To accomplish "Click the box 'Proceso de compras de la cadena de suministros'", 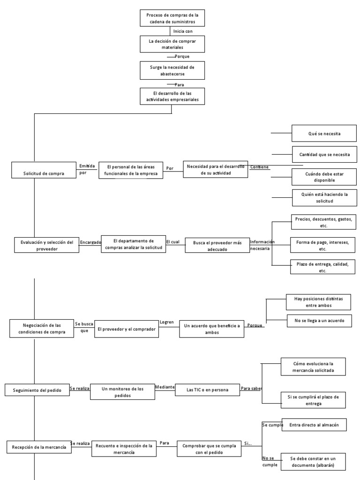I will click(x=172, y=19).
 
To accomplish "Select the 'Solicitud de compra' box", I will click(x=44, y=173).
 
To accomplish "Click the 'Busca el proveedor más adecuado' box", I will click(x=217, y=246).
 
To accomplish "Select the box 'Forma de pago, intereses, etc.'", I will click(x=322, y=246).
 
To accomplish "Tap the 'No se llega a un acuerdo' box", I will click(x=319, y=321).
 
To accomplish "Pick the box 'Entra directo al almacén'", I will click(x=314, y=425).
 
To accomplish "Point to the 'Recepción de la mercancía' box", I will click(x=39, y=447).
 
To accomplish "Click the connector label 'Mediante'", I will click(x=165, y=388).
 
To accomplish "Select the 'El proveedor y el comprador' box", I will click(x=127, y=330).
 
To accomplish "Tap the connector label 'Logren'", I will click(x=166, y=322).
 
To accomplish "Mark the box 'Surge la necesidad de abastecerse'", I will click(x=172, y=70).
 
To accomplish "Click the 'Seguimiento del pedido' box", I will click(x=37, y=390).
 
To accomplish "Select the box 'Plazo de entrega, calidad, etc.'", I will click(x=322, y=267).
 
